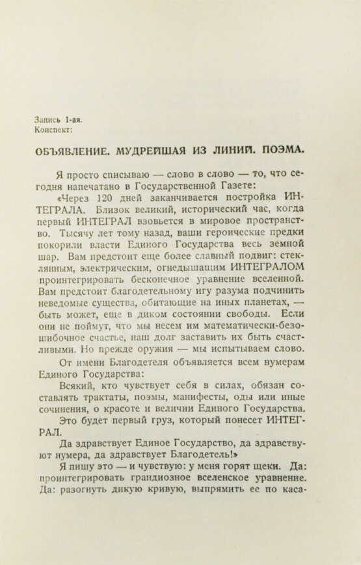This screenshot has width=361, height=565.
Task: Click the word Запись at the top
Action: (48, 119)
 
